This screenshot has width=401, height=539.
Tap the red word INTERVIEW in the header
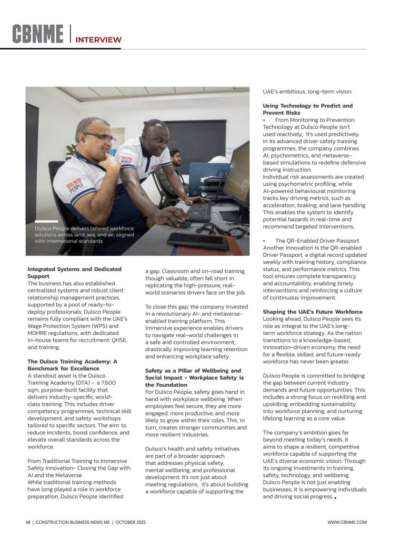pos(98,39)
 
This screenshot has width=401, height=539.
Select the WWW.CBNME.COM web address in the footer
pos(347,522)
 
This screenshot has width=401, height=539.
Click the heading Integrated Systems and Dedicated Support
pos(74,273)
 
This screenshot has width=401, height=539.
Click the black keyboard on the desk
pos(198,212)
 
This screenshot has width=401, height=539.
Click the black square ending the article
pos(335,497)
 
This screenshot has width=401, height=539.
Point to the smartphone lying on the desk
pos(198,241)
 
